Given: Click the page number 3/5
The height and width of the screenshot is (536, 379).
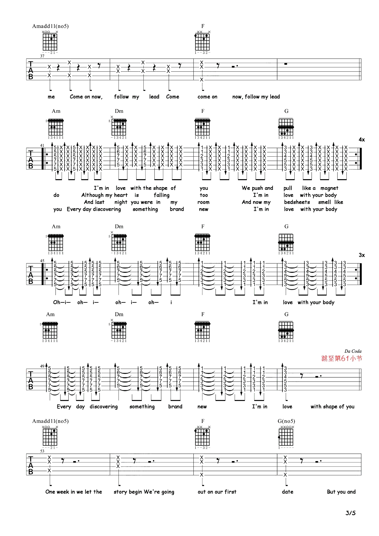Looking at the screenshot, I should (350, 513).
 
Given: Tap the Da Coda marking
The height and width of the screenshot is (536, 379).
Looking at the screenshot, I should (353, 351).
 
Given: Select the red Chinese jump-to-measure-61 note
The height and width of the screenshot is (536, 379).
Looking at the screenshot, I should (342, 358).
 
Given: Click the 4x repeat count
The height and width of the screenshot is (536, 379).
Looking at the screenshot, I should (362, 139).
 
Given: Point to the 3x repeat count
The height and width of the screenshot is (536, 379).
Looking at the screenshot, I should (362, 255).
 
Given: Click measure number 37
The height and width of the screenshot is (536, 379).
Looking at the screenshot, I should (42, 56).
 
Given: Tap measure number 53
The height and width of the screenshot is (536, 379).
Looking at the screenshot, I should (42, 451).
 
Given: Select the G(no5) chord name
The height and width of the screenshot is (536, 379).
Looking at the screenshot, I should (286, 421).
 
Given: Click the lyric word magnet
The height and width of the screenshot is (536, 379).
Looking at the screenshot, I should (329, 188).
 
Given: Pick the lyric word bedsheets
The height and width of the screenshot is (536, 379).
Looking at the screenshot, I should (297, 202).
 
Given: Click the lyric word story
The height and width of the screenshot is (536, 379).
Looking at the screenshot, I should (120, 492).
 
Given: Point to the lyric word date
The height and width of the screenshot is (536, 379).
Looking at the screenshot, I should (288, 492).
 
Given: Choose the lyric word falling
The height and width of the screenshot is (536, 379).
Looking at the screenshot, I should (162, 195).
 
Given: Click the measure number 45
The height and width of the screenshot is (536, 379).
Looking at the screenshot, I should (42, 261).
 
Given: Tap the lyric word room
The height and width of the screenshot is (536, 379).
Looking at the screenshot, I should (203, 202).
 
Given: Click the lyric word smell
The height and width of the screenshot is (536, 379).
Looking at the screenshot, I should (325, 202).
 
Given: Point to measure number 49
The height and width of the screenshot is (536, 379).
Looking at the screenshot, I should (42, 366).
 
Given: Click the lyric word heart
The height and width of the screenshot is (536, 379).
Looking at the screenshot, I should (121, 195).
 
